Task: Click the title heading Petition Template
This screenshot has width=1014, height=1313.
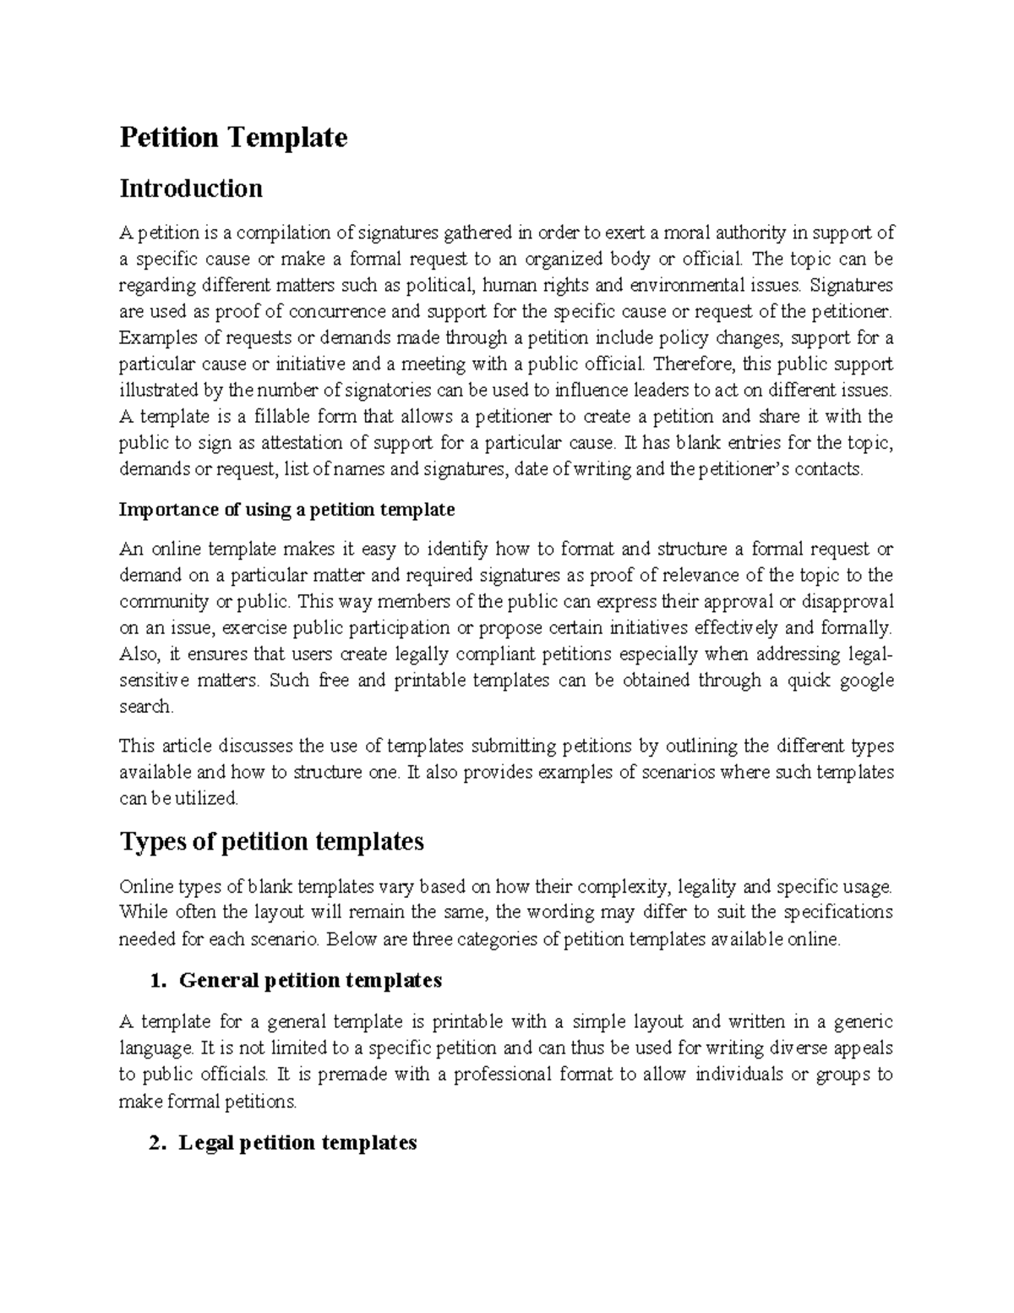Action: tap(233, 137)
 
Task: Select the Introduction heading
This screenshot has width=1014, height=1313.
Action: tap(191, 188)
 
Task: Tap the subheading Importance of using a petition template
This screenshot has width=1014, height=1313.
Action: tap(287, 509)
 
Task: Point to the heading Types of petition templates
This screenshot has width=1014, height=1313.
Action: tap(271, 841)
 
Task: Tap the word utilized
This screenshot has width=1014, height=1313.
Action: tap(211, 798)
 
